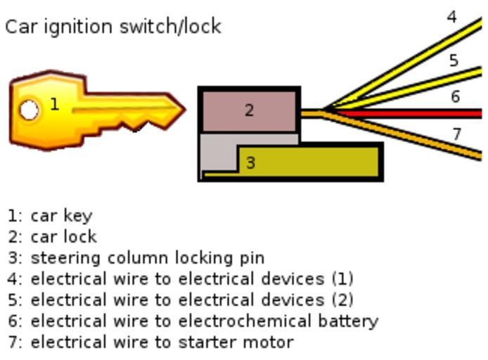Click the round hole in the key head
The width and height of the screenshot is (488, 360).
[x=29, y=110]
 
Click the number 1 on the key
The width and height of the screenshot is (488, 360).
[x=54, y=105]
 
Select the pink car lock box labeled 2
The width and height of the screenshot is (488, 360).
[x=249, y=110]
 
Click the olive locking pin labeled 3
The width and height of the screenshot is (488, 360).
[x=309, y=162]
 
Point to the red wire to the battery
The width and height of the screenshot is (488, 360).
[x=422, y=113]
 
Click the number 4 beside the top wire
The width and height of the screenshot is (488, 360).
[x=452, y=16]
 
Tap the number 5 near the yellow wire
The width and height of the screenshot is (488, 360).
[x=454, y=60]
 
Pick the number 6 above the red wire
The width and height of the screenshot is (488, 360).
[x=455, y=96]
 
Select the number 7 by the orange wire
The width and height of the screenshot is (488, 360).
[x=456, y=134]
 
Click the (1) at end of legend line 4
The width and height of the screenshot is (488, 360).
[x=342, y=279]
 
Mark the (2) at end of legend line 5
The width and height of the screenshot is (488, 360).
[x=342, y=300]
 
